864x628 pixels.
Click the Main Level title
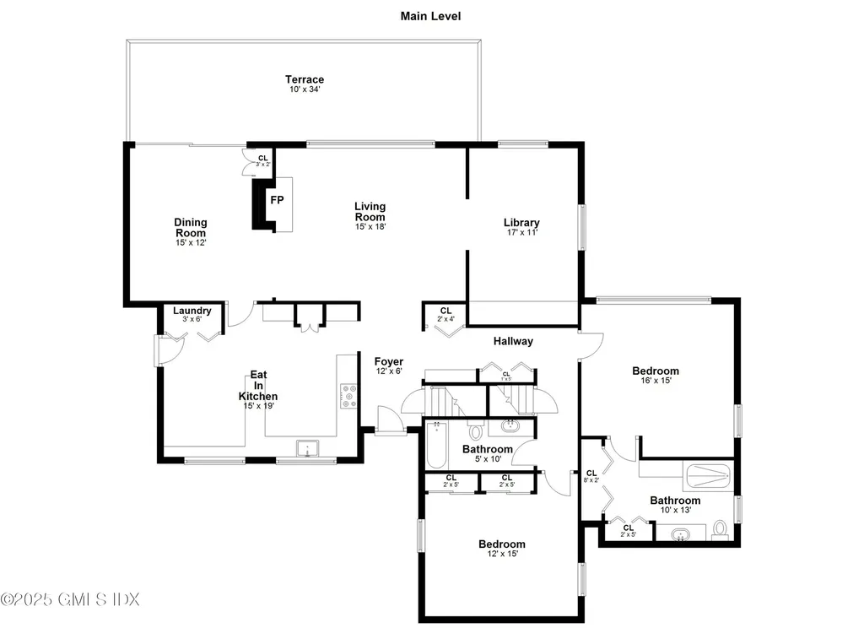coord(431,16)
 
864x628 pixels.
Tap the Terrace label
coord(304,80)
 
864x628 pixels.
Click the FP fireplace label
coord(276,200)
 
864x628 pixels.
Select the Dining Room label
coord(191,228)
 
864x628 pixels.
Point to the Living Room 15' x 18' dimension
coord(370,226)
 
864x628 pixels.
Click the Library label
coord(522,223)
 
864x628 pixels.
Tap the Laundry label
coord(192,311)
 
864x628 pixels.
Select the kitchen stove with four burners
coord(348,396)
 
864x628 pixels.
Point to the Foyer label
coord(389,361)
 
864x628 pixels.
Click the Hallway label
coord(513,341)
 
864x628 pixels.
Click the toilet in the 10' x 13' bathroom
coord(720,528)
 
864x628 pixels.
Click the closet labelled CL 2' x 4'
coord(445,315)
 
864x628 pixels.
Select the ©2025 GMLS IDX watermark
coord(70,599)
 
